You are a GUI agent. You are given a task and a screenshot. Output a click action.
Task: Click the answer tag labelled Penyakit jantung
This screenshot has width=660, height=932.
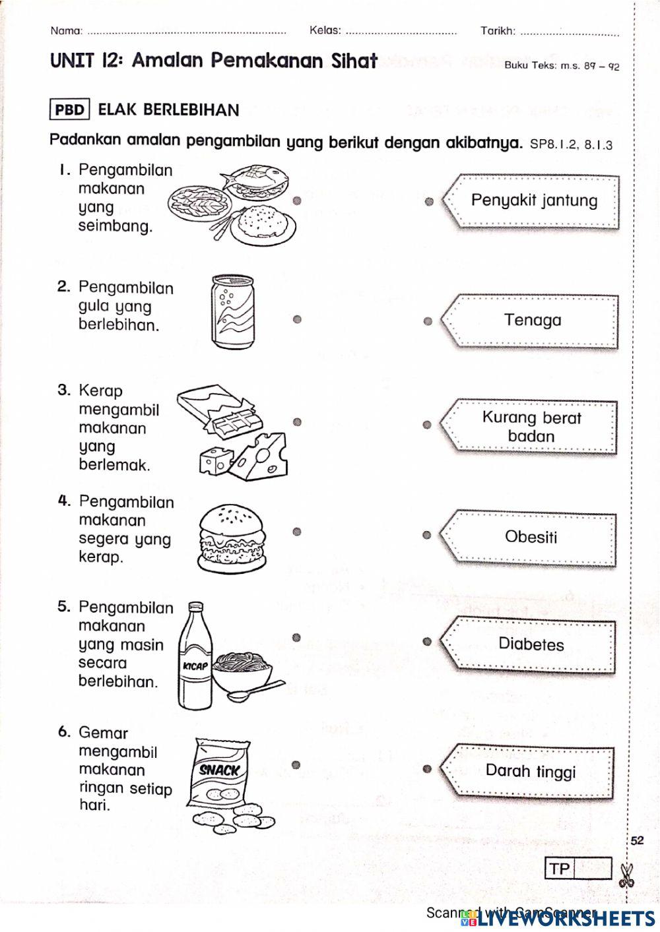[533, 201]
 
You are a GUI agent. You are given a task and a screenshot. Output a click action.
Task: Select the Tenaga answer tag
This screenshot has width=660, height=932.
[532, 321]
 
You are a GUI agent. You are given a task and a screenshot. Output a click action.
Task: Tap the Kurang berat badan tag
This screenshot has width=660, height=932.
[531, 427]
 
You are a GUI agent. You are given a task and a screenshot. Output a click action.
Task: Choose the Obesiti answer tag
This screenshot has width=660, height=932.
[531, 537]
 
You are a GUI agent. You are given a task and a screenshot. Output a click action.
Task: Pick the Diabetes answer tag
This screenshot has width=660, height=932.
[531, 644]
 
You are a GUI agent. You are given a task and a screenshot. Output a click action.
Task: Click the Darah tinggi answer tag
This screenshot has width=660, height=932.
[530, 771]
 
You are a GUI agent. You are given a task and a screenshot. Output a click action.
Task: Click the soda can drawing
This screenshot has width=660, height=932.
[232, 312]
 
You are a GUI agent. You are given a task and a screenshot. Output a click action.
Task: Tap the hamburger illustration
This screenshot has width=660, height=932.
[232, 538]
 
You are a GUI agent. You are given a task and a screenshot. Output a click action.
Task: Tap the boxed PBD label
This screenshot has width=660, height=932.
[69, 109]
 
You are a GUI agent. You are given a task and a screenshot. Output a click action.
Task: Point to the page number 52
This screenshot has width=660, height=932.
[637, 840]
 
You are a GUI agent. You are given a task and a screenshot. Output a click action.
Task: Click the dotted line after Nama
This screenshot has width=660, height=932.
[187, 31]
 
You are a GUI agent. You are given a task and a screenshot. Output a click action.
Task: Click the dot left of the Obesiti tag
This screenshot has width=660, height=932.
[427, 535]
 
